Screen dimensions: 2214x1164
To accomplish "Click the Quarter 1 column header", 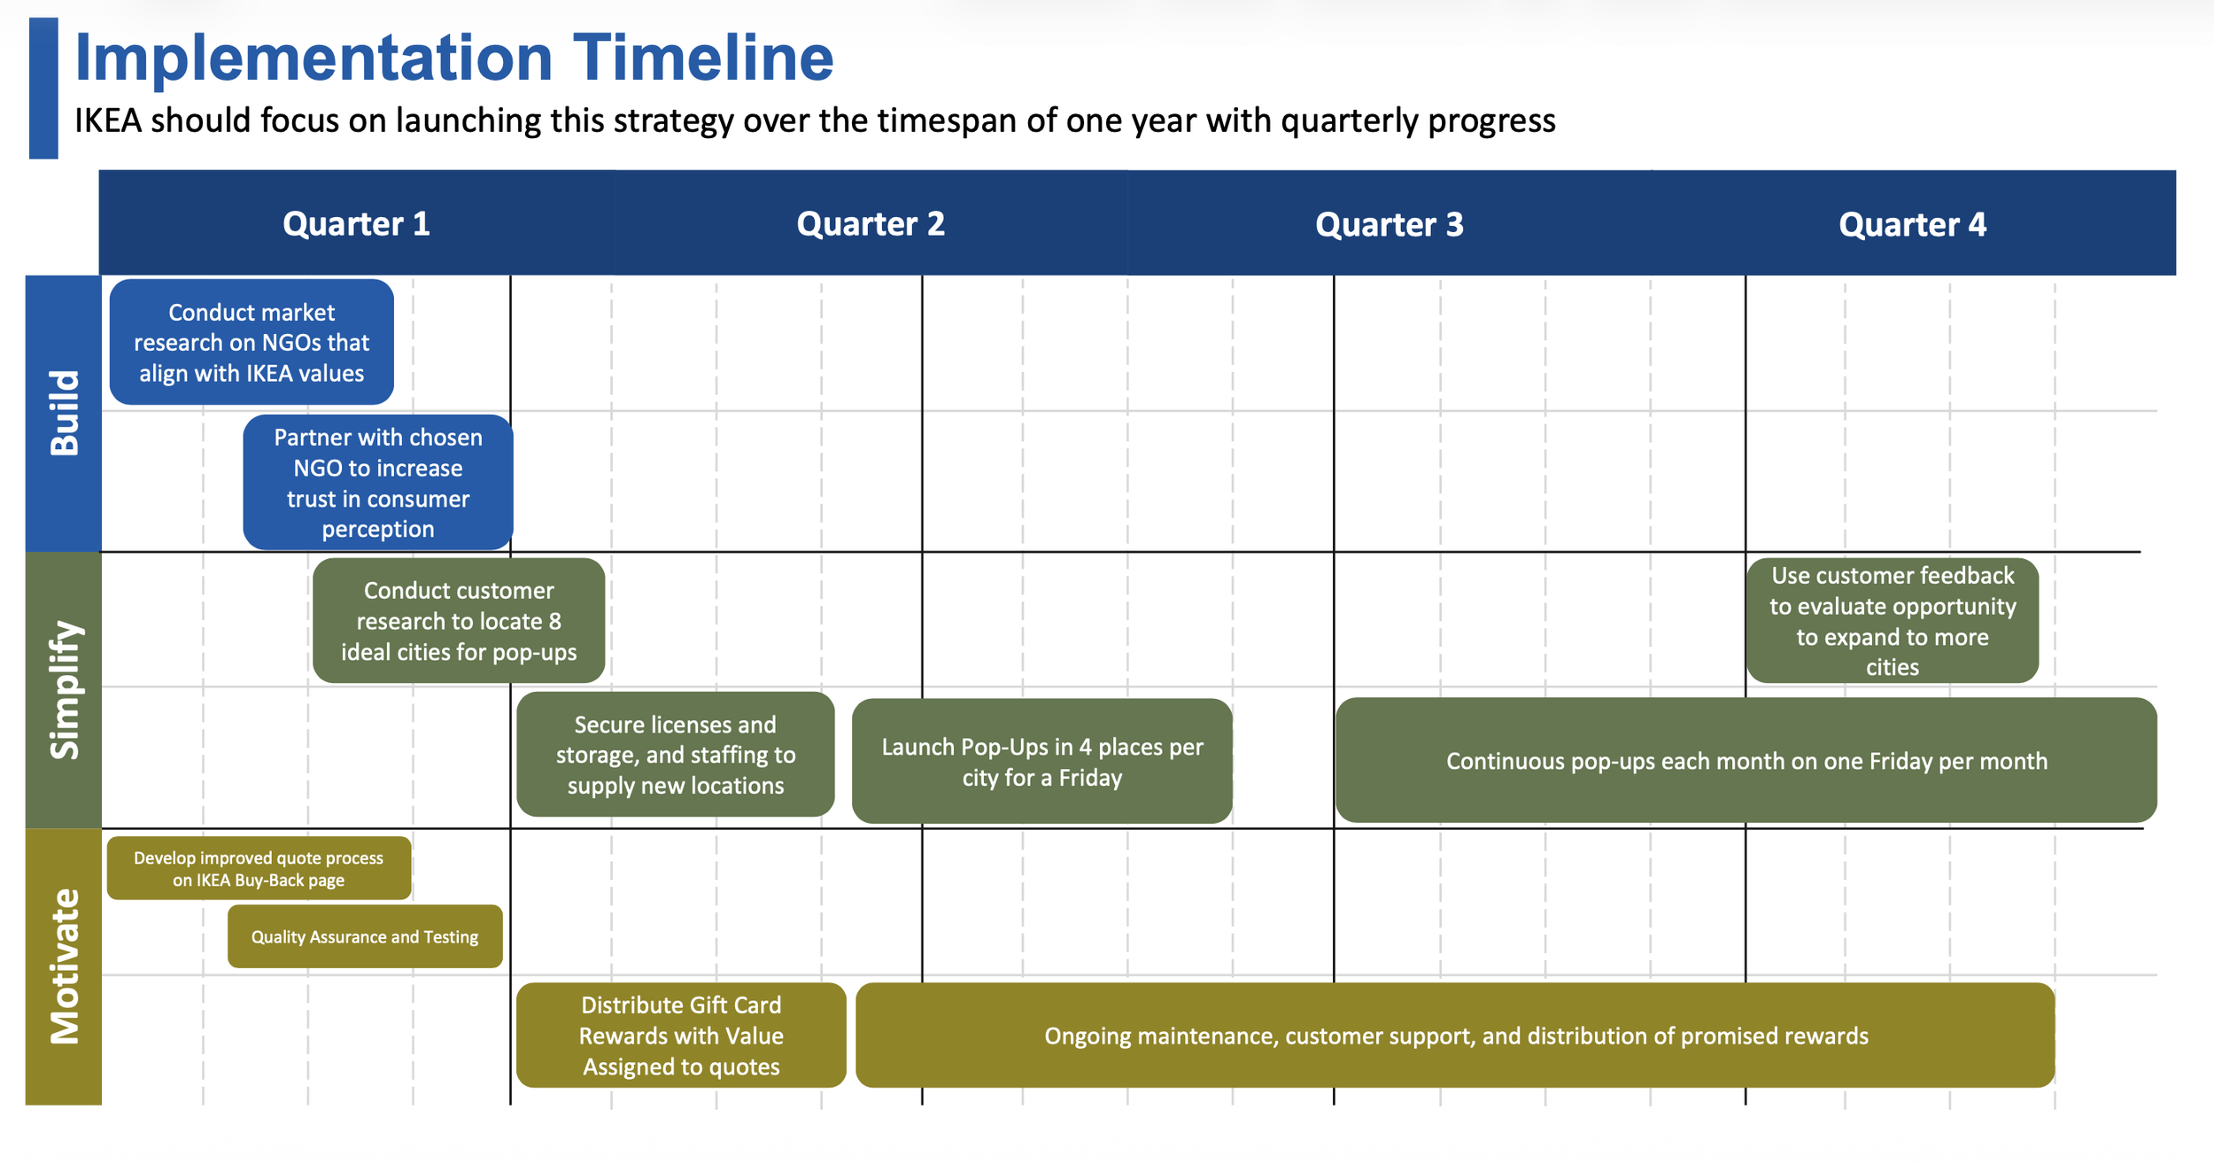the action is (356, 224).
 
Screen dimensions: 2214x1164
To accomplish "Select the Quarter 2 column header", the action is (871, 224).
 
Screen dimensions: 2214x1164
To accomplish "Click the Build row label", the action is (64, 413).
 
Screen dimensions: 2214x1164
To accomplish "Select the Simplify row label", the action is (64, 690).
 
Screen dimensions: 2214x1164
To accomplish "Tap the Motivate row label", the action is (64, 966).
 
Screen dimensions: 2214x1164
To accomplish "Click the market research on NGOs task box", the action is (252, 342).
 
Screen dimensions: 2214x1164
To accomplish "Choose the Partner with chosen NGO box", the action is (378, 483).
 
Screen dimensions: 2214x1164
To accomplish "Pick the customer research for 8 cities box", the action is (459, 620).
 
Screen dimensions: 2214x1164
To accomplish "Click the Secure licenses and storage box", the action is (675, 755).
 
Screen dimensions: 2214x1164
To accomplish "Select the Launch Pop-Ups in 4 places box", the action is (1041, 762).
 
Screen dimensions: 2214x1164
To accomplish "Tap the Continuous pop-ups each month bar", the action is (1746, 761).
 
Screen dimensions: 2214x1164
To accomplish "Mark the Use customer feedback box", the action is (1893, 620).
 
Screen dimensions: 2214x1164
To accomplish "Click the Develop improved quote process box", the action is (259, 868).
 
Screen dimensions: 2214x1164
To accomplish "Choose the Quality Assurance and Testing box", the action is (365, 936).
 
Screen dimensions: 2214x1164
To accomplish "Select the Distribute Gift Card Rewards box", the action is (681, 1035).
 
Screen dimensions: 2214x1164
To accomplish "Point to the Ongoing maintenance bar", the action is (1455, 1035).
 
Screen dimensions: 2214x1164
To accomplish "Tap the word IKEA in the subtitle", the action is (107, 120).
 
